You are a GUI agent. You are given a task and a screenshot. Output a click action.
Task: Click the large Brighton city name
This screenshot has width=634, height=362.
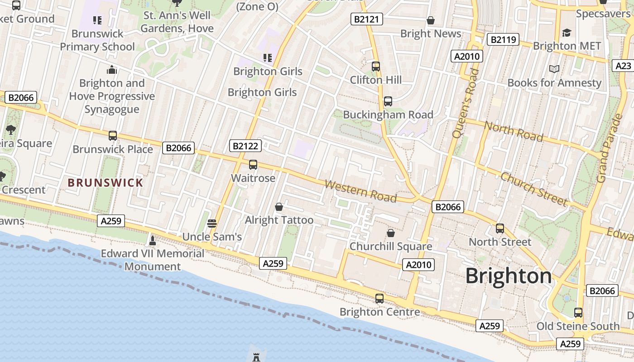[x=509, y=276]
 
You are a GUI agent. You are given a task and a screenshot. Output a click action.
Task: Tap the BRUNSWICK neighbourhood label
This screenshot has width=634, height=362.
[x=105, y=183]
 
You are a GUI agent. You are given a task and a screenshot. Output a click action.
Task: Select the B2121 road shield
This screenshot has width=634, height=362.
[x=367, y=19]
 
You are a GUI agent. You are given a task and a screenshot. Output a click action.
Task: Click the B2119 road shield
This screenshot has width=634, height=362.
[x=503, y=40]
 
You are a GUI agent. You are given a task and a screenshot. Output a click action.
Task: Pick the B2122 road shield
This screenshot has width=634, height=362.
[x=246, y=146]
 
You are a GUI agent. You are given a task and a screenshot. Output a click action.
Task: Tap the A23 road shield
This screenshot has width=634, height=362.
[x=623, y=66]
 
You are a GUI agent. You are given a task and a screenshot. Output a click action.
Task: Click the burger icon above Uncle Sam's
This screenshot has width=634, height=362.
[x=211, y=223]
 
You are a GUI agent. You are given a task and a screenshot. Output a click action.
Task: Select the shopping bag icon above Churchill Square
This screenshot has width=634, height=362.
[x=390, y=233]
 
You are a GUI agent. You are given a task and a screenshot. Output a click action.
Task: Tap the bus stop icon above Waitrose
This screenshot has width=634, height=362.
[x=253, y=165]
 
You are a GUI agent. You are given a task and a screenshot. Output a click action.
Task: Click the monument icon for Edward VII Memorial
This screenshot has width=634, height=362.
[x=153, y=240]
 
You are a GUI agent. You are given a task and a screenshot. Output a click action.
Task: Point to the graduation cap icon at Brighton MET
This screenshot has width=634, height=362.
[x=567, y=33]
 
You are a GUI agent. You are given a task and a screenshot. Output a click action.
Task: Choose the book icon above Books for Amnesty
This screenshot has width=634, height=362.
[x=554, y=69]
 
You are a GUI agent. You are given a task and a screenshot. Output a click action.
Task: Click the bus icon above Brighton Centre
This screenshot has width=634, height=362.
[x=379, y=299]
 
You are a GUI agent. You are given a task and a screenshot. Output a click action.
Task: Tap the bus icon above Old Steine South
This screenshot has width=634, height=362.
[x=578, y=313]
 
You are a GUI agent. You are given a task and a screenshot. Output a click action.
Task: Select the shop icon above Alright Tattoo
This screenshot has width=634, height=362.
[x=279, y=207]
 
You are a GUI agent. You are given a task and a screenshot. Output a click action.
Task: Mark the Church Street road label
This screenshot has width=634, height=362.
[x=533, y=189]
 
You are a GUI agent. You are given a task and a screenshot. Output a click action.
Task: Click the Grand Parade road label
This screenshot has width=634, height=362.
[x=609, y=148]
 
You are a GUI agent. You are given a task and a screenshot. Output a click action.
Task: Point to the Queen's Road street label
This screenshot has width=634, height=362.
[x=466, y=103]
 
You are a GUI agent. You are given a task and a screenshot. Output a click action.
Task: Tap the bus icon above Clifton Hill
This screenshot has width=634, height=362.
[x=375, y=67]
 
